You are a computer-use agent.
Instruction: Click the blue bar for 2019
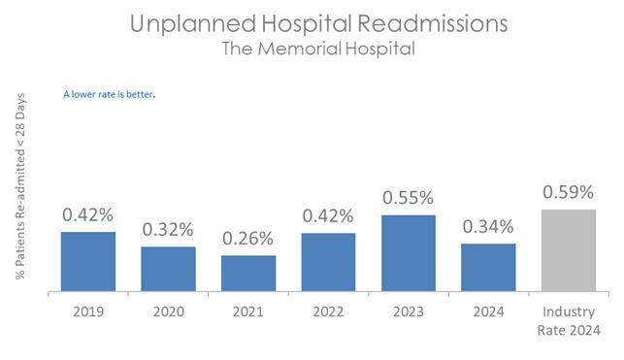[x=88, y=261]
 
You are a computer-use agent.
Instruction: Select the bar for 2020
[x=168, y=269]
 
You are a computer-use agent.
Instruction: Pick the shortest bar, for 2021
[x=248, y=274]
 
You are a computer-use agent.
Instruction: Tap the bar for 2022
[x=328, y=262]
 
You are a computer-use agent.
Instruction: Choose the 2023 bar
[x=409, y=253]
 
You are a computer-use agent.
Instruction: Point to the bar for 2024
[x=488, y=267]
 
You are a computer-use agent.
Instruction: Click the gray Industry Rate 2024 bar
[x=569, y=250]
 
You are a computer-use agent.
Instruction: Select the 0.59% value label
[x=569, y=192]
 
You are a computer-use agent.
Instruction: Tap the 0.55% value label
[x=409, y=198]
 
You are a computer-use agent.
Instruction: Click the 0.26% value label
[x=247, y=239]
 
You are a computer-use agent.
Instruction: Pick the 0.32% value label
[x=168, y=230]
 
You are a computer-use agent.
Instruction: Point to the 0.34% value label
[x=488, y=227]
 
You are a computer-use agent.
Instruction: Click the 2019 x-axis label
[x=88, y=311]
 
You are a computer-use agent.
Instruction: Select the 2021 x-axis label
[x=248, y=311]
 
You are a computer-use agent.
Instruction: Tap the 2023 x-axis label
[x=409, y=311]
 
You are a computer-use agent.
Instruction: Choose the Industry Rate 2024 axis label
[x=569, y=320]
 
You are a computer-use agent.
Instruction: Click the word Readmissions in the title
[x=433, y=23]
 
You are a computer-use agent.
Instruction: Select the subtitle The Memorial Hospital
[x=318, y=49]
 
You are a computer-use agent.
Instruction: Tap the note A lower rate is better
[x=109, y=94]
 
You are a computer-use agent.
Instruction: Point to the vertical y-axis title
[x=20, y=186]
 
